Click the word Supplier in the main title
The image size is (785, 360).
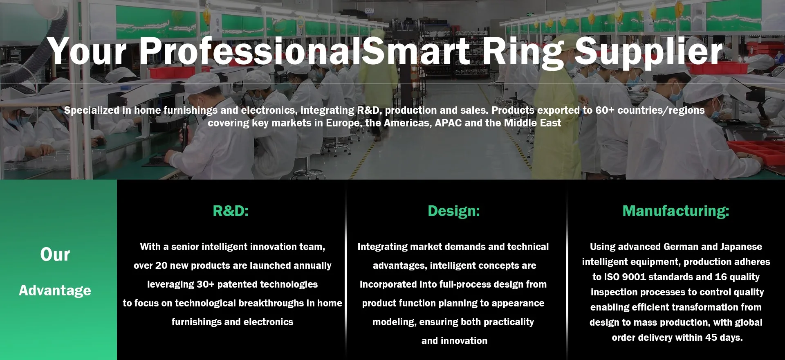[x=649, y=52]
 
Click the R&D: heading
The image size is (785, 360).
[x=231, y=211]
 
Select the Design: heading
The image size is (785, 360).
[x=454, y=211]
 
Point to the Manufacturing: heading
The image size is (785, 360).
[x=676, y=211]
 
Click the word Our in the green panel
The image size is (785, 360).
[x=55, y=254]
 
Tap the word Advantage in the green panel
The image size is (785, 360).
[x=55, y=290]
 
